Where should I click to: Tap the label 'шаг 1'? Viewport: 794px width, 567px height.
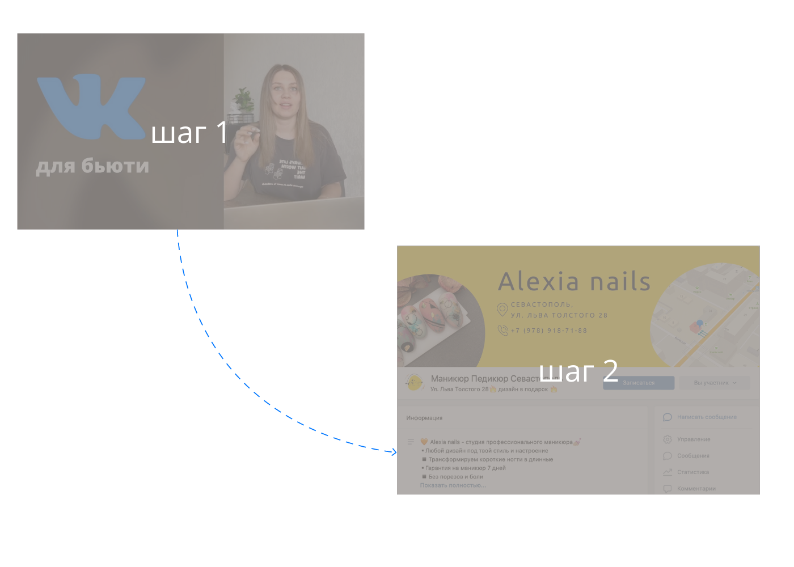(189, 133)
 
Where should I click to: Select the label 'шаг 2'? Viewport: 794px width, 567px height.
(578, 372)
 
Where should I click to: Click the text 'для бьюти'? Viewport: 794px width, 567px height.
(92, 166)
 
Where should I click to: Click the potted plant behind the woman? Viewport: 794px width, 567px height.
(244, 102)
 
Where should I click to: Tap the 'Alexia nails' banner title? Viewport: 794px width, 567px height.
(574, 281)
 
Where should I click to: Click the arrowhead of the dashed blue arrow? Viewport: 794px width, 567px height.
(394, 452)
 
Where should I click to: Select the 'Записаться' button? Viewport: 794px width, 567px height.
(639, 383)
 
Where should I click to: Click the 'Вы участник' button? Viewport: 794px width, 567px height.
(715, 383)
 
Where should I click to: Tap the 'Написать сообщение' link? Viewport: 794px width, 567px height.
(707, 417)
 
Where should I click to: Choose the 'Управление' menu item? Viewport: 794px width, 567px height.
(693, 439)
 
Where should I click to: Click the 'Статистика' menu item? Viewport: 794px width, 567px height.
(692, 472)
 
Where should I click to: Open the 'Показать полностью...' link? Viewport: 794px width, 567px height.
(453, 485)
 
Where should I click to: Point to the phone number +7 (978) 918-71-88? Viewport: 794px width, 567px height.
(548, 331)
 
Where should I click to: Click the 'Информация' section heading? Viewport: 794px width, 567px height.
(424, 418)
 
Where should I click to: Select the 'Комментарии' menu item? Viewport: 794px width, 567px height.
(696, 488)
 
